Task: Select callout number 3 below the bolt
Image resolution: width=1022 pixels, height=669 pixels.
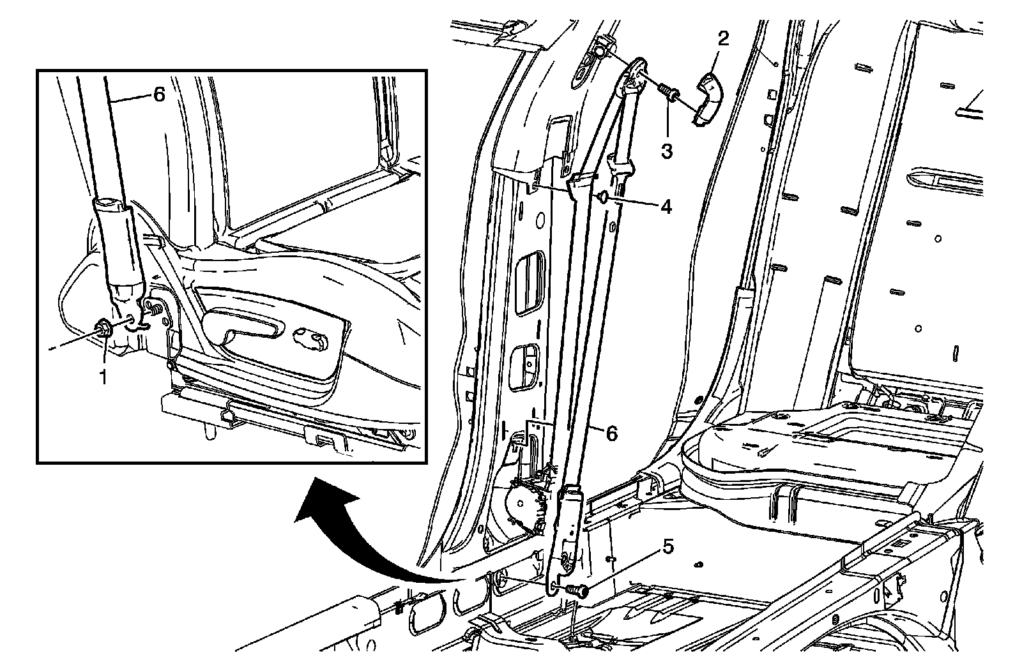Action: coord(666,151)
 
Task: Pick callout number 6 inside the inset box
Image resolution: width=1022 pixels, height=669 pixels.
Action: coord(158,94)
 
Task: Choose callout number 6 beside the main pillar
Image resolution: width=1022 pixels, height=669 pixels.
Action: coord(611,433)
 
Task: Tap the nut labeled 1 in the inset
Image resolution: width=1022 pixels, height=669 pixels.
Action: coord(105,329)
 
